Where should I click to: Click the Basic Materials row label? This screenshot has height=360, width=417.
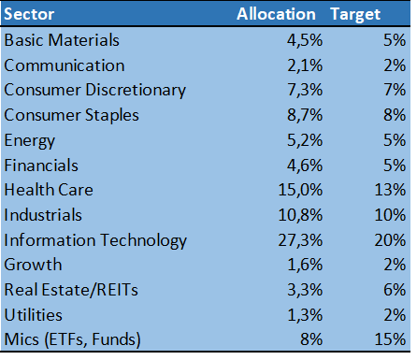click(61, 41)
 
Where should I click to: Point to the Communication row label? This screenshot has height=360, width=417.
click(65, 65)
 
